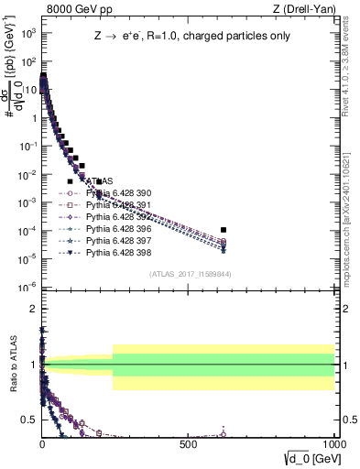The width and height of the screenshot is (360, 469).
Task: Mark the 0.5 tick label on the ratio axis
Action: (x=29, y=421)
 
